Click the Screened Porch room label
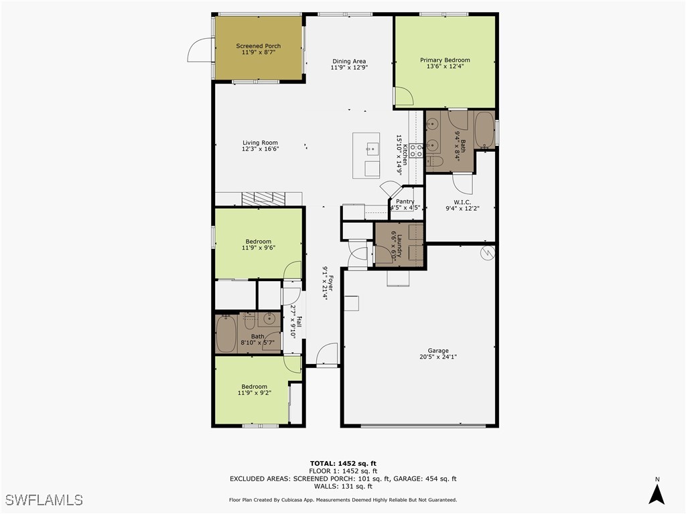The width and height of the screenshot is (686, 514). (258, 46)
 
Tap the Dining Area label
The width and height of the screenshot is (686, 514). (349, 62)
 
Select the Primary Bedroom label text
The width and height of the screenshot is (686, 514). (445, 60)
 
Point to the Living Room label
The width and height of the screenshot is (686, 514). (260, 143)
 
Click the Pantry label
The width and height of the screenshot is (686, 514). (405, 201)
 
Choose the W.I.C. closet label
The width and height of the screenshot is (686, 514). (462, 202)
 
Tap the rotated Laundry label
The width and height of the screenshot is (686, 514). (399, 245)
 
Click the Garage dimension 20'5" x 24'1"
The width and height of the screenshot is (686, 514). (438, 357)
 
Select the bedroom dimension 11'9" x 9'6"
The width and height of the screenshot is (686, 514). (258, 248)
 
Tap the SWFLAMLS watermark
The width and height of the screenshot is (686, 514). (44, 500)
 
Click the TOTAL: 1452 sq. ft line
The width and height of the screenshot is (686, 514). (343, 463)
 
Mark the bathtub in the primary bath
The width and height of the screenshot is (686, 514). (484, 129)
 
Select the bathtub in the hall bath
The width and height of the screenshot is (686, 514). (226, 333)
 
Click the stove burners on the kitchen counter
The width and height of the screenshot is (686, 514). (416, 150)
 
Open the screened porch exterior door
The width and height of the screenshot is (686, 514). (199, 48)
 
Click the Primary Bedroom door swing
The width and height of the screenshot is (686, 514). (403, 98)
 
